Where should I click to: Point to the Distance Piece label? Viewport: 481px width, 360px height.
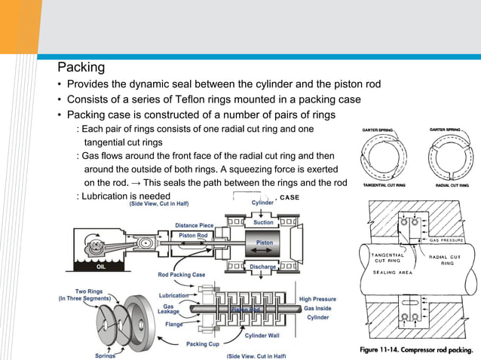[x=194, y=224]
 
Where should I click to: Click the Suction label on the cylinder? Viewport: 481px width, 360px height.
[x=264, y=222]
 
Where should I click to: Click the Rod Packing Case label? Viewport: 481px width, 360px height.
[x=182, y=274]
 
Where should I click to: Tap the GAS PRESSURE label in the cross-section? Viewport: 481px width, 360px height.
[x=450, y=240]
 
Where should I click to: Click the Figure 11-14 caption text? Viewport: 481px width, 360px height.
[x=417, y=349]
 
